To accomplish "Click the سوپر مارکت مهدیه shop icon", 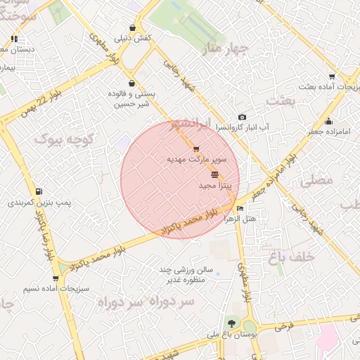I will coord(195,149).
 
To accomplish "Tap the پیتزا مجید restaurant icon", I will coord(214,174).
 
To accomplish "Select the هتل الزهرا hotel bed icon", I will coord(240,208).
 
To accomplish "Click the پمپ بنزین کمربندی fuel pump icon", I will coord(38,191).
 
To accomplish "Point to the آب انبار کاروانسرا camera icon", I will coord(242,117).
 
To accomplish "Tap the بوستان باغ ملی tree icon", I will coord(232,323).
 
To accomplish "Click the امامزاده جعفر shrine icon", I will coord(328,121).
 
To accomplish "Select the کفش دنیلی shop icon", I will coord(132,27).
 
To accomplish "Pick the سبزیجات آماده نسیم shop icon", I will coord(56,278).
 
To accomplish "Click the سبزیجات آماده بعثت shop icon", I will coord(332,77).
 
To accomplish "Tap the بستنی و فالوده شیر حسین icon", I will coord(132,82).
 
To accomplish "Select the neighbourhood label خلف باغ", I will coord(288,257).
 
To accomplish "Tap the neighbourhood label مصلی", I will coord(316,181).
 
